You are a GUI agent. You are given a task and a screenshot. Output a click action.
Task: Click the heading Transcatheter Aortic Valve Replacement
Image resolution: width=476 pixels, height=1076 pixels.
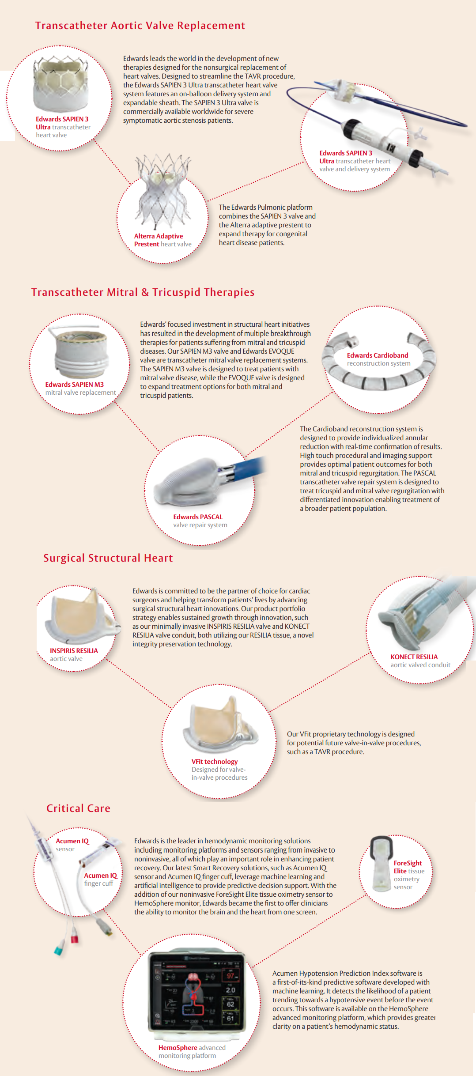coord(140,26)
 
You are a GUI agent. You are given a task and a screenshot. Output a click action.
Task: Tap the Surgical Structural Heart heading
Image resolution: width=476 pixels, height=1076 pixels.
coord(108,558)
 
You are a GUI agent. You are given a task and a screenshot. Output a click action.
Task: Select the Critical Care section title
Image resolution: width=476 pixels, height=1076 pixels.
coord(79,808)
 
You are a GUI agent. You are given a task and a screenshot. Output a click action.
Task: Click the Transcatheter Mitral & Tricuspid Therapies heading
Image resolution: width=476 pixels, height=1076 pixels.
coord(143,292)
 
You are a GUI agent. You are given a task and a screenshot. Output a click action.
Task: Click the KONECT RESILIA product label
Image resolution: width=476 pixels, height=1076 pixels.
coord(420,661)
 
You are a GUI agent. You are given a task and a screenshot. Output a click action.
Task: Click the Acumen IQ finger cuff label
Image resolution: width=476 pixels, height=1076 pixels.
coord(101,880)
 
